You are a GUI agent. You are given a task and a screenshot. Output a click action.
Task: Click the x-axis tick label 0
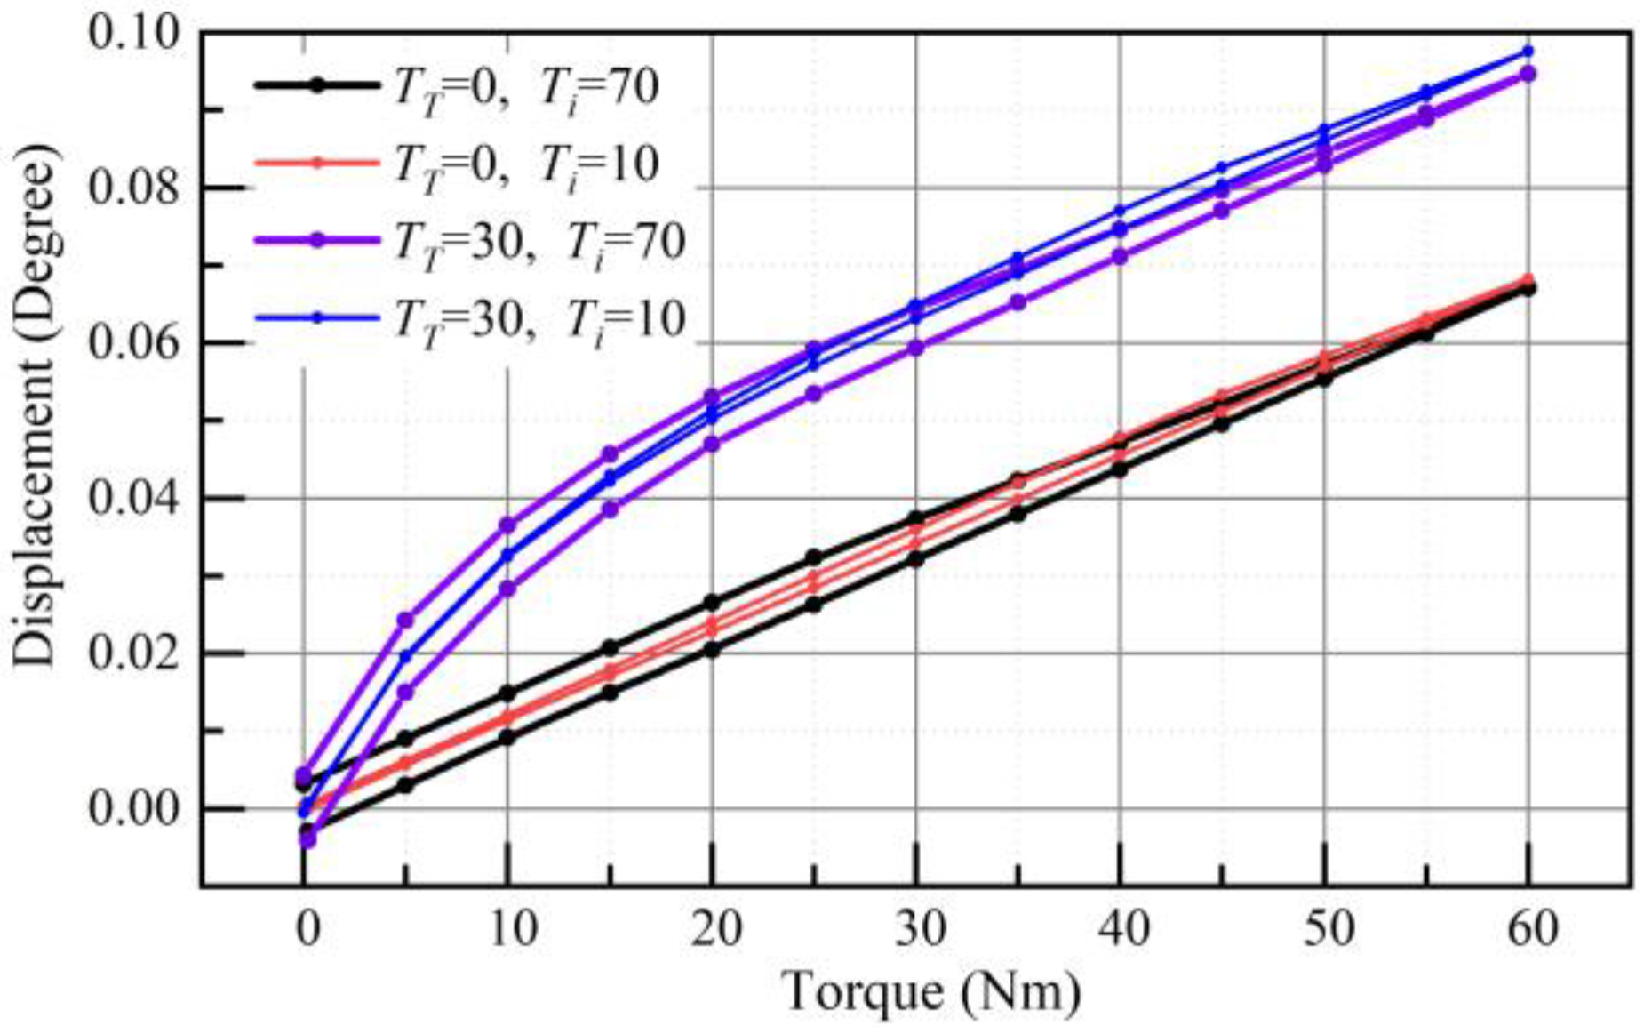[x=307, y=929]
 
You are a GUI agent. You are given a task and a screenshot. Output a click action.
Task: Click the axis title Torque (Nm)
[x=931, y=992]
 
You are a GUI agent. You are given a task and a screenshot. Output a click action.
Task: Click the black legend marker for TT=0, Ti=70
[x=317, y=86]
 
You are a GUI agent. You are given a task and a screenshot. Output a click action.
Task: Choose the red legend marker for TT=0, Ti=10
[x=317, y=163]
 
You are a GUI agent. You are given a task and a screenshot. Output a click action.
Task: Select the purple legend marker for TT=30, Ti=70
[x=317, y=240]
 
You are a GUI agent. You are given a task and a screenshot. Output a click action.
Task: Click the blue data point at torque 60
[x=1528, y=52]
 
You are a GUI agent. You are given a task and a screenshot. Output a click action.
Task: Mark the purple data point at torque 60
[x=1528, y=74]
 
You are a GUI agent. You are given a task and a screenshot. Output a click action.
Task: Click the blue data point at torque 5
[x=405, y=656]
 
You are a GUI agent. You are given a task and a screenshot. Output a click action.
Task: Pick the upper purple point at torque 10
[x=507, y=525]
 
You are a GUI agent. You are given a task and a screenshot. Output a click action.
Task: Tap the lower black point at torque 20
[x=712, y=649]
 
